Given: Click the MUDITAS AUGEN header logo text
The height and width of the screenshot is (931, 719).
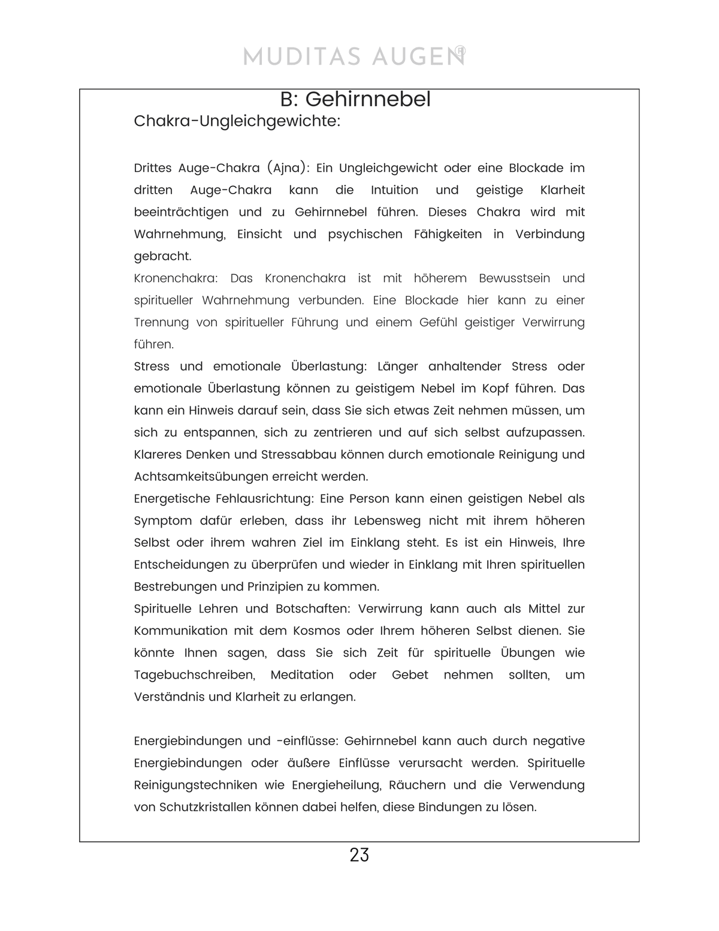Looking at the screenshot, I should point(354,57).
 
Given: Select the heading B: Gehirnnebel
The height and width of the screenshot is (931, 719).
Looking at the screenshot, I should point(355,100).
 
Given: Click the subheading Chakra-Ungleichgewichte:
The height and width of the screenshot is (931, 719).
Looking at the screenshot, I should point(237,121).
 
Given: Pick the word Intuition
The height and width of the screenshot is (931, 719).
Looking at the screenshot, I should point(394,190).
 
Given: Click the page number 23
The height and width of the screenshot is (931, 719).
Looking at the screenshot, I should point(359,855).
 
